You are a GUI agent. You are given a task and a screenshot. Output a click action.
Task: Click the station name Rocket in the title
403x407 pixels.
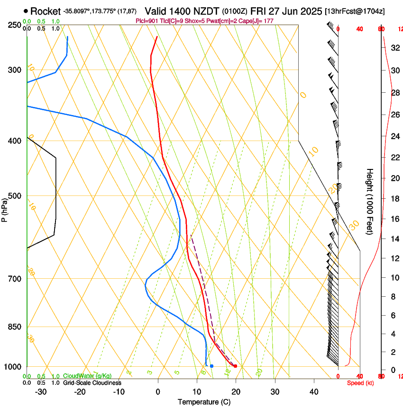click(x=46, y=11)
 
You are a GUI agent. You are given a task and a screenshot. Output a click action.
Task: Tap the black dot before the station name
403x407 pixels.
click(x=26, y=11)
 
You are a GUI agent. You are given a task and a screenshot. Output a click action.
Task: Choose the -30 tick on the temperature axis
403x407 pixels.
click(x=40, y=391)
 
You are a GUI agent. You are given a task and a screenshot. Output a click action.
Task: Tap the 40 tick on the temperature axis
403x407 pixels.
click(x=313, y=391)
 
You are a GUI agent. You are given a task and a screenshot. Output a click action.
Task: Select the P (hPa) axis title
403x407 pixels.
click(x=5, y=209)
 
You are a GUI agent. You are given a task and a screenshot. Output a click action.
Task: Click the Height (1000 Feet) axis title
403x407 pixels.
click(x=370, y=201)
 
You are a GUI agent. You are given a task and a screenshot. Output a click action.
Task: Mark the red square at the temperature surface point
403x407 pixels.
click(x=235, y=366)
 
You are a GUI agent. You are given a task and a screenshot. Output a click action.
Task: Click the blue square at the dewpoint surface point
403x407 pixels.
click(x=211, y=366)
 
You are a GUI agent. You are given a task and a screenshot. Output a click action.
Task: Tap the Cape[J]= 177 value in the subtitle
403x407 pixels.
click(x=258, y=21)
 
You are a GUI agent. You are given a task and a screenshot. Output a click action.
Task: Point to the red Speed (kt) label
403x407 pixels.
click(x=360, y=382)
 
